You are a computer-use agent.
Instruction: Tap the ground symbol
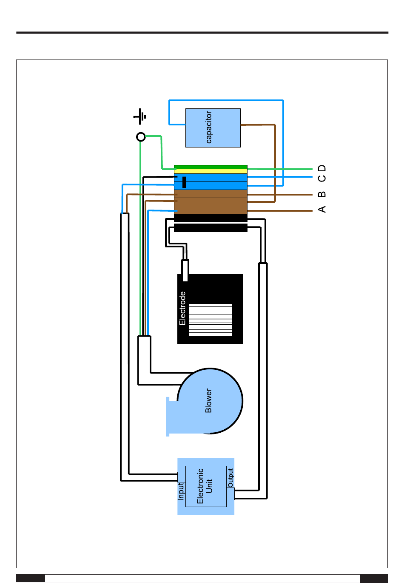[141, 116]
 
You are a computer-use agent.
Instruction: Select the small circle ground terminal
[141, 137]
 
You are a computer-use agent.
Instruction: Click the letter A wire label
[322, 209]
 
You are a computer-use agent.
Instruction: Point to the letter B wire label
[322, 194]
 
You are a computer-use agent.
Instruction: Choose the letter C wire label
[322, 178]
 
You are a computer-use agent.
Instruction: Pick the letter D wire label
[322, 168]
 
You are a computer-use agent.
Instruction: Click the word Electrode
[182, 308]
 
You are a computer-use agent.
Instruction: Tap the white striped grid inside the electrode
[210, 320]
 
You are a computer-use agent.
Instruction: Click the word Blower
[208, 400]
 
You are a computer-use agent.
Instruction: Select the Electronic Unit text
[205, 486]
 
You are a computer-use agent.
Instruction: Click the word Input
[181, 491]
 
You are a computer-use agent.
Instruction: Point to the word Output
[230, 478]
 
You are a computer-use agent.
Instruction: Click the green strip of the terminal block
[211, 167]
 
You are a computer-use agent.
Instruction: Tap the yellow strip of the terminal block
[211, 171]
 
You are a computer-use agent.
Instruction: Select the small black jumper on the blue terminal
[184, 182]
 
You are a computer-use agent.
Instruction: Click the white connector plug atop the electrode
[185, 271]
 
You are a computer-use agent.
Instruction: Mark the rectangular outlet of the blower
[172, 417]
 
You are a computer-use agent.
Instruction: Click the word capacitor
[209, 128]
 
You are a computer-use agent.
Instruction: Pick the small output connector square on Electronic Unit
[230, 493]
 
